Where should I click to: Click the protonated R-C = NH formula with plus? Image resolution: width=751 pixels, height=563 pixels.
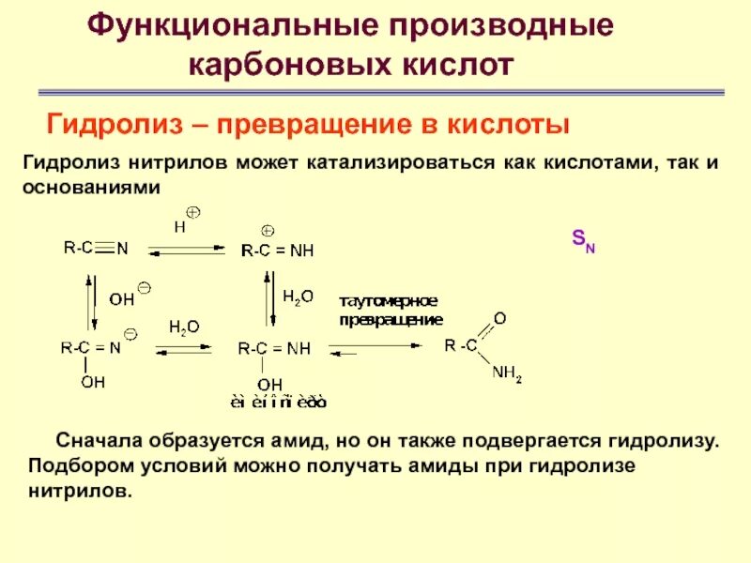[x=277, y=250]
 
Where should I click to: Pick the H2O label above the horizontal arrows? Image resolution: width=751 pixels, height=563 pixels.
[x=184, y=327]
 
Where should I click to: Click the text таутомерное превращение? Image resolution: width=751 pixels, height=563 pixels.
[x=390, y=310]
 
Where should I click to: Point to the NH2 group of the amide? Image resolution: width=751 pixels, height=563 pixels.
[x=506, y=374]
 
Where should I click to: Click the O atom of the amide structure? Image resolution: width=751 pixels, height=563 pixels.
[x=499, y=319]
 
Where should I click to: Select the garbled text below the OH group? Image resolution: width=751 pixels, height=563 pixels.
[x=280, y=403]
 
